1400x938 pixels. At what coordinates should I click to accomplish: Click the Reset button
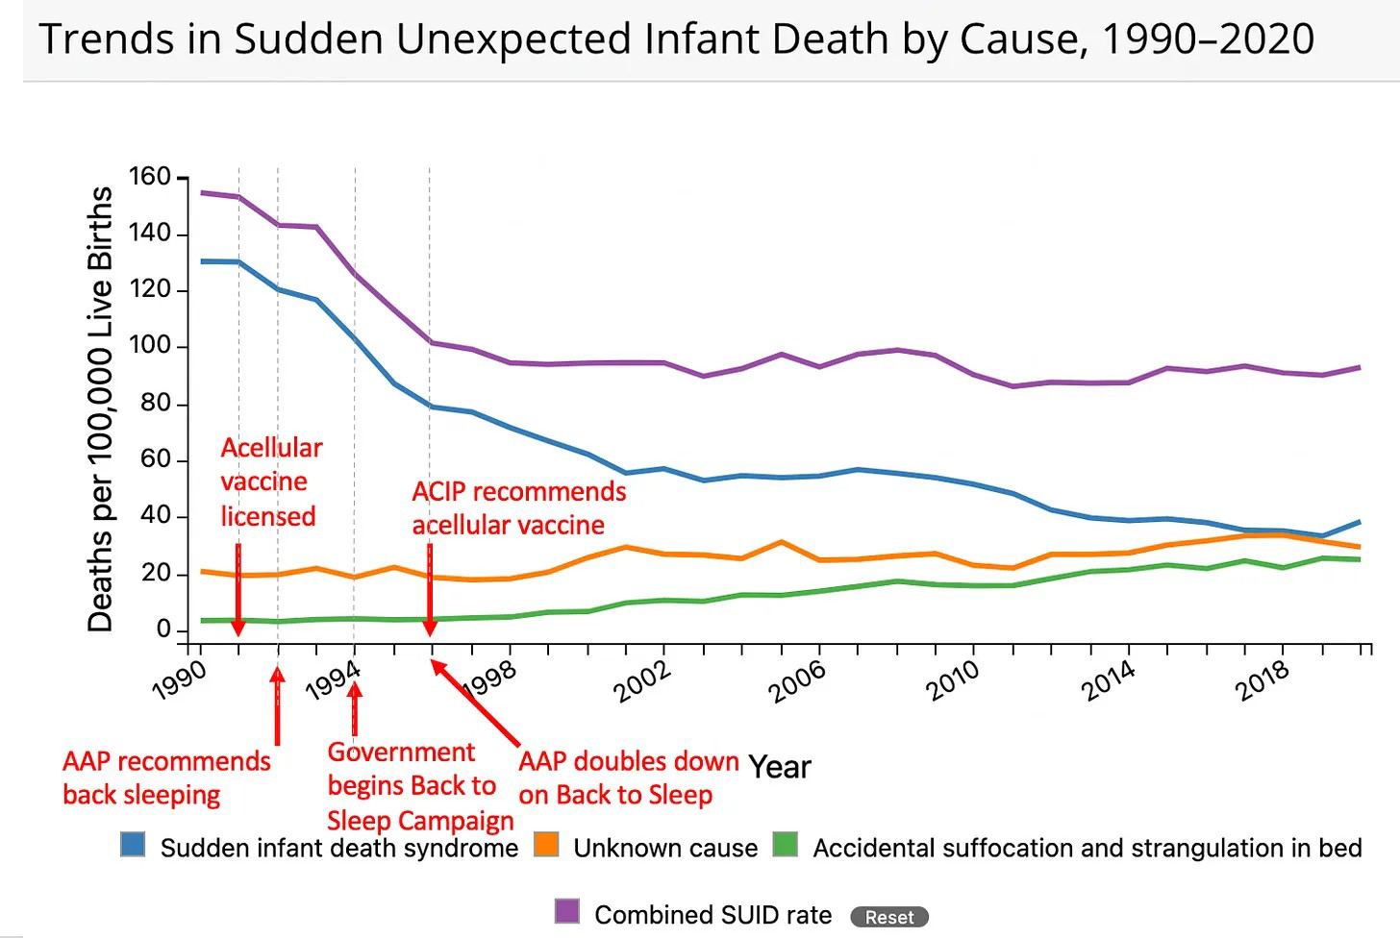(x=889, y=917)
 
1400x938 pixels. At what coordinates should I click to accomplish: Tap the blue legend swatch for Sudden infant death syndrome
(x=133, y=845)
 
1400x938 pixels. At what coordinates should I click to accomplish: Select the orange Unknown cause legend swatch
(x=546, y=845)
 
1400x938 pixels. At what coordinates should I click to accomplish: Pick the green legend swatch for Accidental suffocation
(x=786, y=845)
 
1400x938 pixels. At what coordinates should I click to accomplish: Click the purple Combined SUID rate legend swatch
(x=567, y=911)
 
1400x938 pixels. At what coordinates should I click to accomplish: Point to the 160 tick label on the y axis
(x=149, y=177)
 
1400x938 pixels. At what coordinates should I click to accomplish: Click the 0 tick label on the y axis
(x=162, y=629)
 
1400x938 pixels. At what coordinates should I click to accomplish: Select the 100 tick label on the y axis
(x=149, y=346)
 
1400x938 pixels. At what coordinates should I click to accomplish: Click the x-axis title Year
(x=780, y=767)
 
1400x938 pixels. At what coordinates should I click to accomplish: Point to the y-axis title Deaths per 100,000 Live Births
(x=100, y=408)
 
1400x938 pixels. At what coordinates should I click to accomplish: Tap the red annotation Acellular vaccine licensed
(x=270, y=481)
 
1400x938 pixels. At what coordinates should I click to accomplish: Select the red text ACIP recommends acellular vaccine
(x=518, y=507)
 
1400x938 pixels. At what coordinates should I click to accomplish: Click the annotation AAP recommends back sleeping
(x=166, y=778)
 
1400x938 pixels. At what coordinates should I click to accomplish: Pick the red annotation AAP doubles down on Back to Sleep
(x=628, y=778)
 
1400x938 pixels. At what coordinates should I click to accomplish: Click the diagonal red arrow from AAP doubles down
(x=476, y=703)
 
